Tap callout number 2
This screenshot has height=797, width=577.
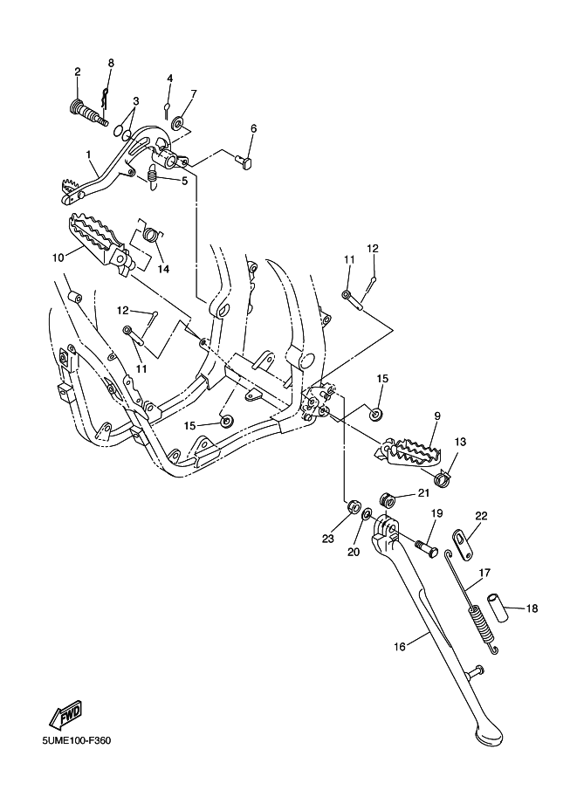78,72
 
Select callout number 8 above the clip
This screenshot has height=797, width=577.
111,63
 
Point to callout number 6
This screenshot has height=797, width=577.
254,128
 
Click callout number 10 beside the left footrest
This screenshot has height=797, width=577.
58,258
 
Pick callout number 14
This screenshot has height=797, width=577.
162,269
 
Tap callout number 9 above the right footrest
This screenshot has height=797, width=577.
437,416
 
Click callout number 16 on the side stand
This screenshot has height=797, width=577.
400,647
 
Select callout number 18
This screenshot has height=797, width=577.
532,608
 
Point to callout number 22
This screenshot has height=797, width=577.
481,516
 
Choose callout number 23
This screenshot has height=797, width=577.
328,539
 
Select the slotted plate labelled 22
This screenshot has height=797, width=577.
464,545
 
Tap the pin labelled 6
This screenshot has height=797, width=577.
244,162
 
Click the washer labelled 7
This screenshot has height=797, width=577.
179,122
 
